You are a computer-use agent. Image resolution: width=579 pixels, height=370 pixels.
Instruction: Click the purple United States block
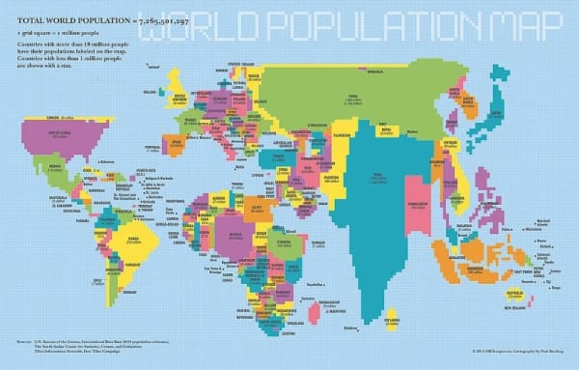point(68,135)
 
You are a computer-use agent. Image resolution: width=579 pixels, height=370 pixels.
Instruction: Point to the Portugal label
point(152,149)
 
